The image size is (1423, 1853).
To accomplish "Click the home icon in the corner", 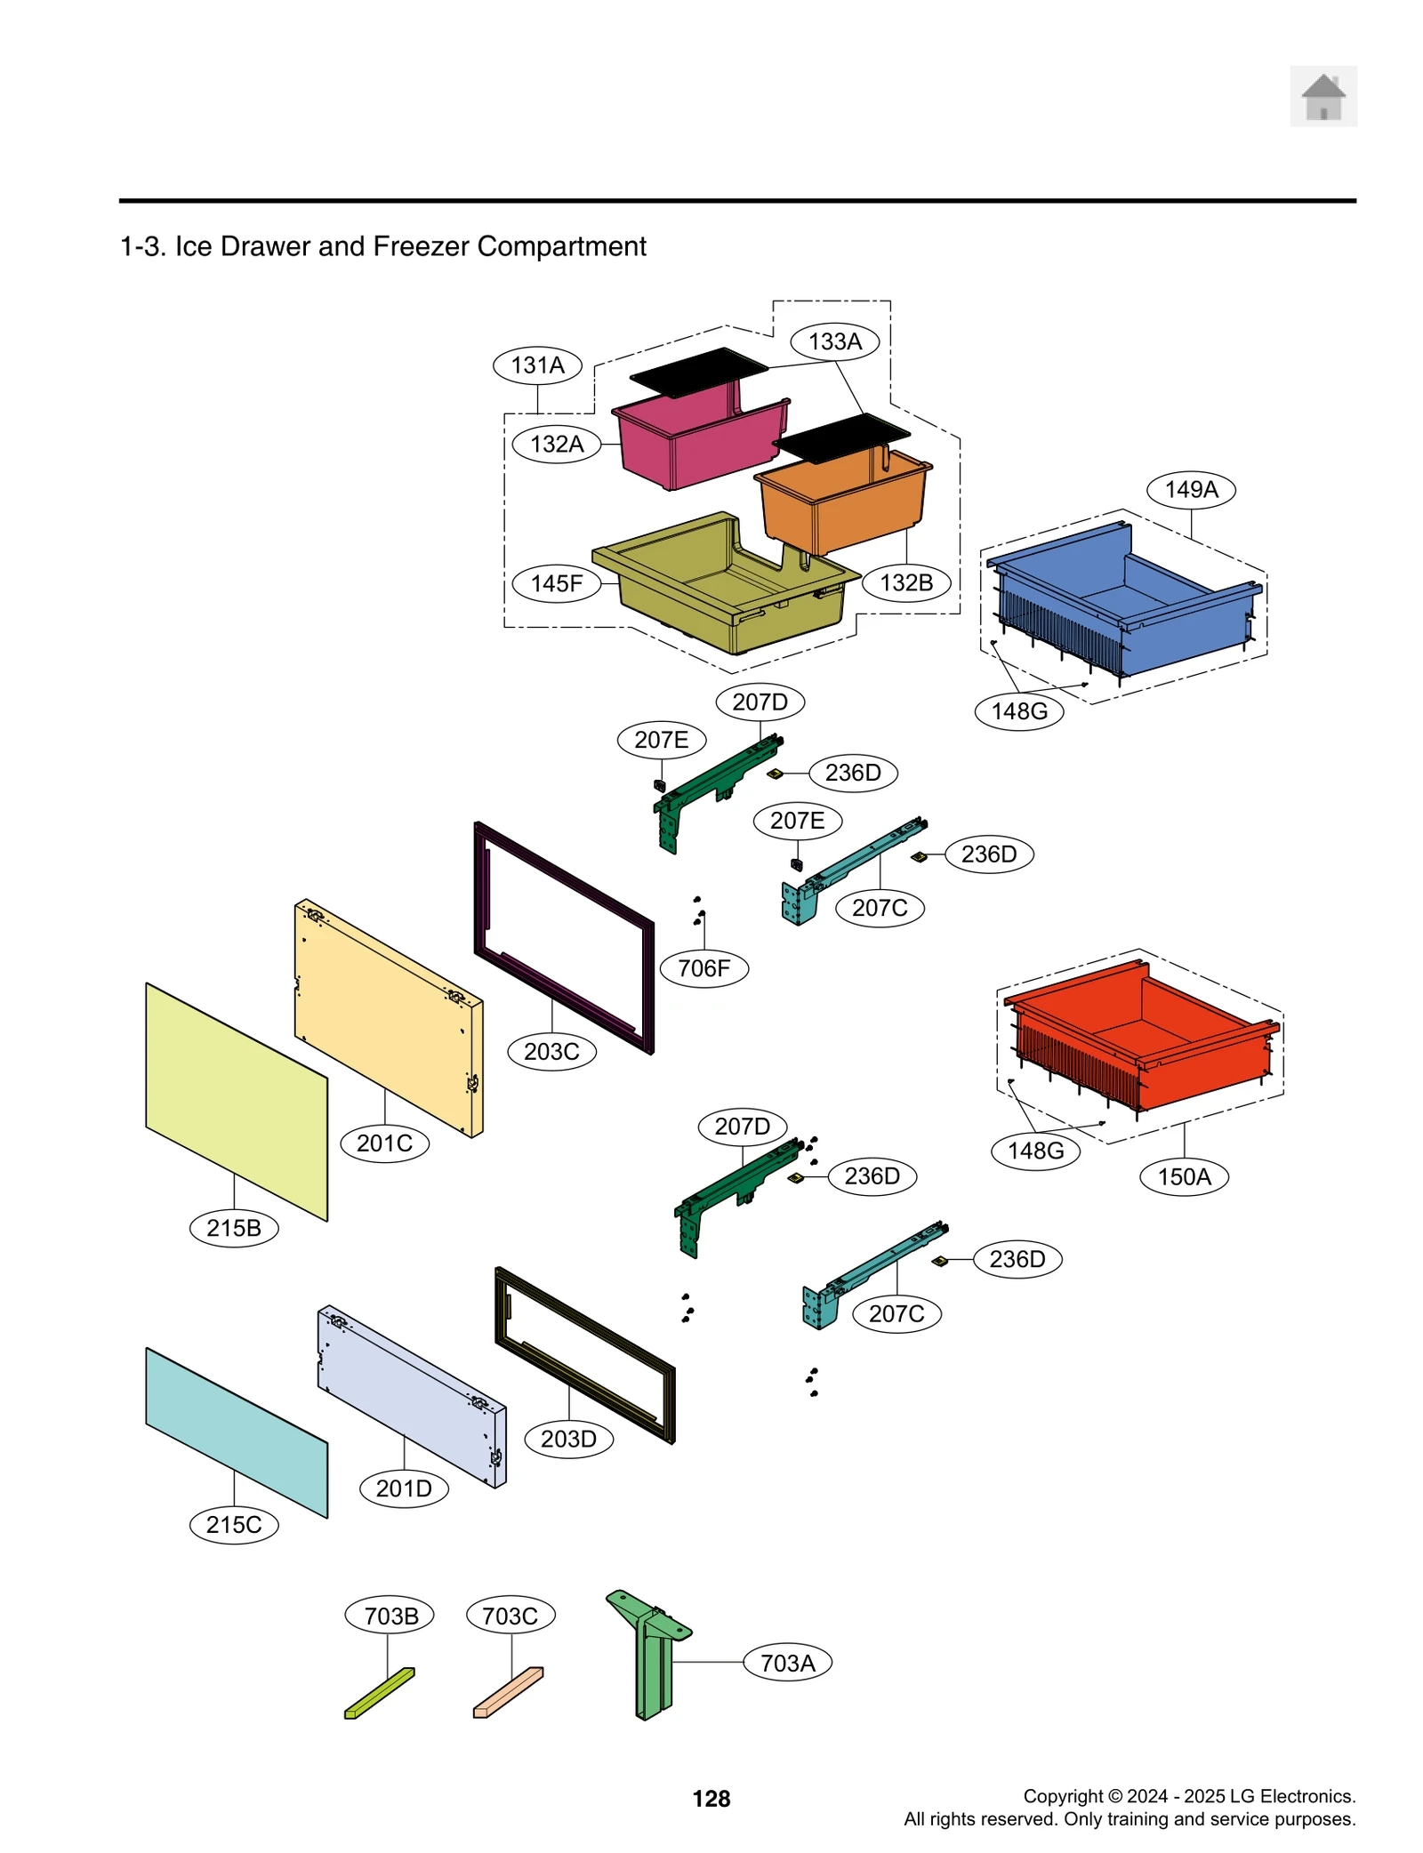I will (x=1323, y=96).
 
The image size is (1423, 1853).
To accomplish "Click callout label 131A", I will (x=537, y=365).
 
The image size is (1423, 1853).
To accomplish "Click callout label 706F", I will (x=703, y=968).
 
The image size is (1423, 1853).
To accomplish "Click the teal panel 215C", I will (x=237, y=1432).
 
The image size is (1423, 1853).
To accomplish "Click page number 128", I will (x=711, y=1799).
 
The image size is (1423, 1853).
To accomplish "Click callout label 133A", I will (x=834, y=341).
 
